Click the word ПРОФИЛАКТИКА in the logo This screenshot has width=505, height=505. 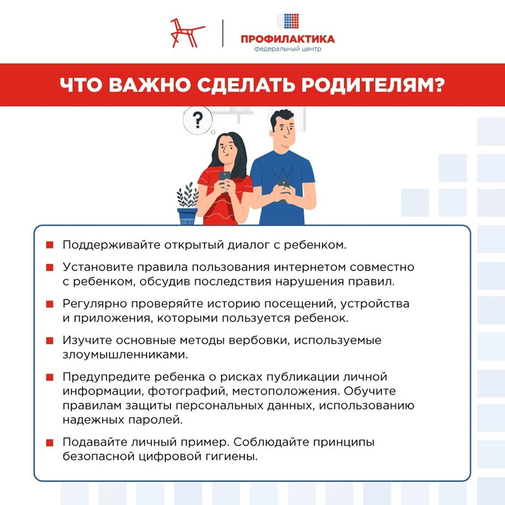287,39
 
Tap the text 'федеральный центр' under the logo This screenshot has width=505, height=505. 287,49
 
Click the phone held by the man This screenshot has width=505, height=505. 284,185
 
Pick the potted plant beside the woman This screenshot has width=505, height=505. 187,204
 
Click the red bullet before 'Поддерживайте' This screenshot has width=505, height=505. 49,244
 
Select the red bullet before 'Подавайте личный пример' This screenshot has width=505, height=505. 49,442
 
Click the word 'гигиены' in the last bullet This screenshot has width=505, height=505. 236,456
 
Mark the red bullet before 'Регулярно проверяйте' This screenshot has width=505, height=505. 49,304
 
